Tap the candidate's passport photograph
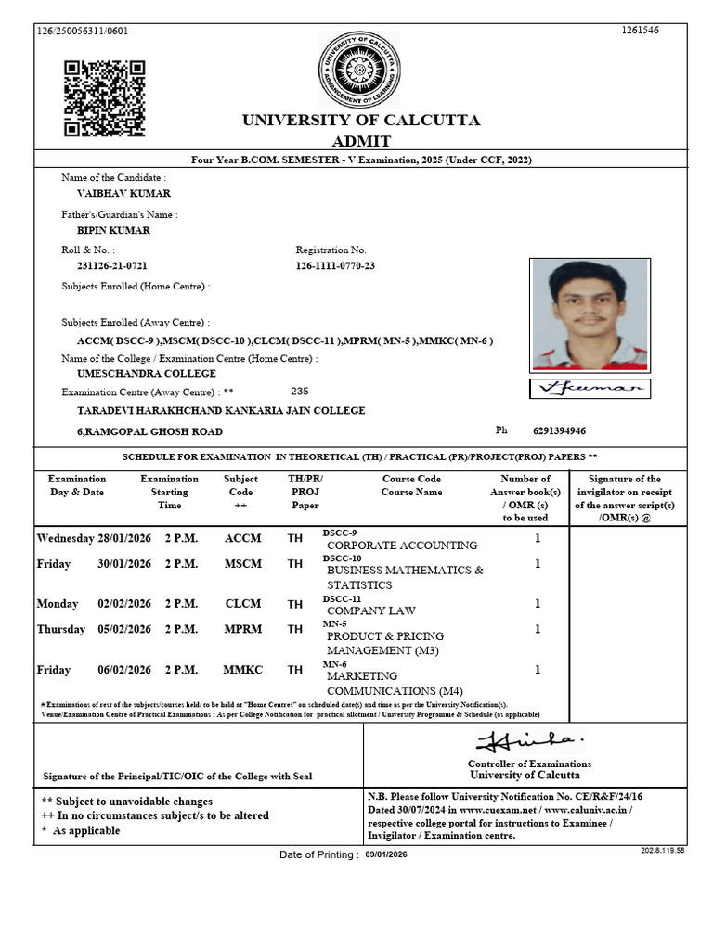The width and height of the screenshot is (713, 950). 590,315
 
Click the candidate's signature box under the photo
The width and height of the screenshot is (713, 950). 590,389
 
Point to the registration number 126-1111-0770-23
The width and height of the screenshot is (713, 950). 335,267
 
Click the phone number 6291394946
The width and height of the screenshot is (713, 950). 559,431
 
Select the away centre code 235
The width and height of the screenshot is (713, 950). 299,392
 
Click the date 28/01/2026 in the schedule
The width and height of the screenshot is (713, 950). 123,538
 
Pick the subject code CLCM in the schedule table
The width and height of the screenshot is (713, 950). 242,604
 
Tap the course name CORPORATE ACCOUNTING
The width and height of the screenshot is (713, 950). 402,546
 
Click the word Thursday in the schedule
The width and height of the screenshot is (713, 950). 61,629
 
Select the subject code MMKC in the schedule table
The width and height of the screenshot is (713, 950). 242,669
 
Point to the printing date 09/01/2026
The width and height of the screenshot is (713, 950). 386,854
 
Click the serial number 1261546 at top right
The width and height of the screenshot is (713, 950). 640,31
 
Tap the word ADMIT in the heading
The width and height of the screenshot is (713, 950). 361,141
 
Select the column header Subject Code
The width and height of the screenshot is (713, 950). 240,485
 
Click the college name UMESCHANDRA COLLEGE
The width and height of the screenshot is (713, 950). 146,373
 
